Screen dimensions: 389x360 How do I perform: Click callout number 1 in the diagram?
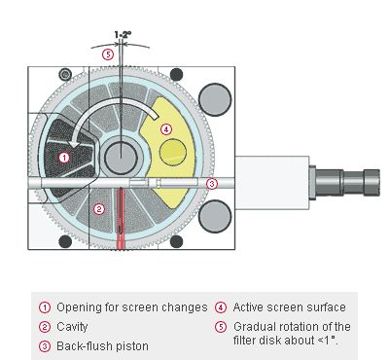click(64, 158)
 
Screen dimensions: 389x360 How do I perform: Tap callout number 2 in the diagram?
click(99, 209)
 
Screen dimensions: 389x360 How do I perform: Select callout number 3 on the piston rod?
click(212, 184)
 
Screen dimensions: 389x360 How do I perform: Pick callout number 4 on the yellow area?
click(166, 129)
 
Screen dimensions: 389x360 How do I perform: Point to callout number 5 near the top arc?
click(108, 54)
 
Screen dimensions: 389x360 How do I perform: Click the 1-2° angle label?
click(123, 34)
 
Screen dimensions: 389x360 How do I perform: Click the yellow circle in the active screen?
click(173, 152)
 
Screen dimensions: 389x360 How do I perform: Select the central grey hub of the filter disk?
click(121, 158)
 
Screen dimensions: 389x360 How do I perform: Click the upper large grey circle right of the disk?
click(215, 99)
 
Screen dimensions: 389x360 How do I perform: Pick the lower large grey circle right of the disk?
click(215, 216)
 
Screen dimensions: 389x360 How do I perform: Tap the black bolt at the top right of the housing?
click(176, 75)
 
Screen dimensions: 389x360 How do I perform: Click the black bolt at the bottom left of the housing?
click(65, 241)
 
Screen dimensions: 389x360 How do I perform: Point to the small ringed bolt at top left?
click(65, 75)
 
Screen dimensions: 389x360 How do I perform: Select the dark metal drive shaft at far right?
click(344, 183)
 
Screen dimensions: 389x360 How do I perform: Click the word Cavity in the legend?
click(72, 327)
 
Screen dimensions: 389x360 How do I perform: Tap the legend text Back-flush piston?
click(102, 346)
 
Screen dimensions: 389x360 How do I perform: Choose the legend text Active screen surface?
click(290, 307)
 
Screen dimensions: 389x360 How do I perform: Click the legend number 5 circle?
click(221, 327)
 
